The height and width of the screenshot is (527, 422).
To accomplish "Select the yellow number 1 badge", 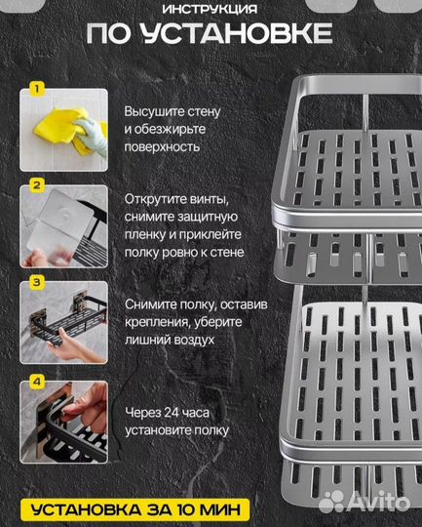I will pos(36,89).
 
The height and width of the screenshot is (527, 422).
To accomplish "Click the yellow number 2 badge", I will pos(36,183).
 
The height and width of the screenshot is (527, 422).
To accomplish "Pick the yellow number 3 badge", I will pos(36,283).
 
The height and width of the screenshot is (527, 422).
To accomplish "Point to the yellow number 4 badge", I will pos(36,381).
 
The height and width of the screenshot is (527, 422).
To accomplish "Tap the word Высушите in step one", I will pos(154,111).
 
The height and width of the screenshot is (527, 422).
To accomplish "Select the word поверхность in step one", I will pos(162,146).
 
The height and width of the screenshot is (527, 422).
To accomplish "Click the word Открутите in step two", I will pos(156,198).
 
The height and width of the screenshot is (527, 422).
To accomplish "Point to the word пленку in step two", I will pos(145,234).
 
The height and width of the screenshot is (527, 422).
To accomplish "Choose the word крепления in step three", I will pos(158,323).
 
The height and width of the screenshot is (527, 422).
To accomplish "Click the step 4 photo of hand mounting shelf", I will pos(63,423).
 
